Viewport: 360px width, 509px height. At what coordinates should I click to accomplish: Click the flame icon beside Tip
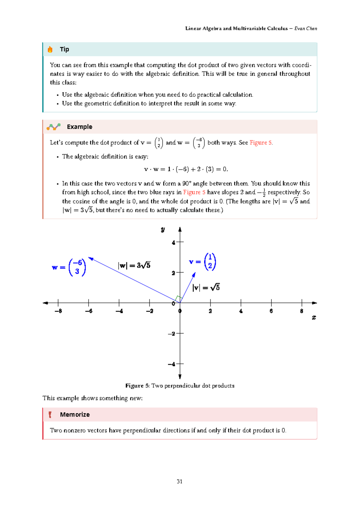tap(50, 50)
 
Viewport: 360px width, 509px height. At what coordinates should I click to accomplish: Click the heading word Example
tap(79, 127)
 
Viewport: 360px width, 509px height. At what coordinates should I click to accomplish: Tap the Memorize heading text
tap(75, 414)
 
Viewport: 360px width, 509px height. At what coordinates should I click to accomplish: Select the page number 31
tap(179, 481)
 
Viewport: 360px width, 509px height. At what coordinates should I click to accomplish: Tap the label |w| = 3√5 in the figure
tap(134, 265)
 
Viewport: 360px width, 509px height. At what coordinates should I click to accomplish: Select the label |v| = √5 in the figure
tap(206, 288)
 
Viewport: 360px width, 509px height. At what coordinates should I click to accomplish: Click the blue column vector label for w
tap(69, 267)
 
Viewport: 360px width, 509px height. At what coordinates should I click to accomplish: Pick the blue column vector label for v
tap(202, 262)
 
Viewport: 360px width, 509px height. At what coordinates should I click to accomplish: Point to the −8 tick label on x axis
tap(58, 311)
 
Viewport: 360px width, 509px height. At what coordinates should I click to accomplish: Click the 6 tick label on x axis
tap(271, 311)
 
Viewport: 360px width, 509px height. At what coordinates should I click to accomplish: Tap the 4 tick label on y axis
tap(173, 242)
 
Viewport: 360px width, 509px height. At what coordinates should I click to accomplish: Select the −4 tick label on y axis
tap(172, 364)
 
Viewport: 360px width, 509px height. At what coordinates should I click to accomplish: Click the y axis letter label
tap(163, 230)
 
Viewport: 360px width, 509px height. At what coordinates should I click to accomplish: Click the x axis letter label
tap(314, 317)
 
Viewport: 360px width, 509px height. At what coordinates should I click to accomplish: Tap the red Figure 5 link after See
tap(261, 143)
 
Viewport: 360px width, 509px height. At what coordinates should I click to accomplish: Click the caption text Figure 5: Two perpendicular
tap(180, 386)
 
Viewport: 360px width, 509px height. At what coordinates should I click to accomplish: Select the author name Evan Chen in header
tap(305, 29)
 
